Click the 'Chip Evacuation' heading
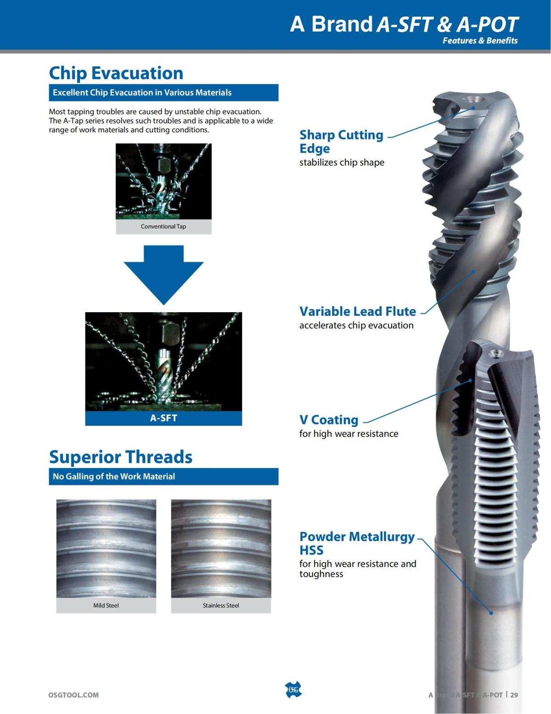116,73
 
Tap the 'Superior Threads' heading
120,457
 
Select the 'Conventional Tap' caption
163,226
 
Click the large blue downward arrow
163,275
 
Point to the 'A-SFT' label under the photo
163,418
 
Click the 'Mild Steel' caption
106,605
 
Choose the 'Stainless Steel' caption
221,605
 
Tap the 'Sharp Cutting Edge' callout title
341,142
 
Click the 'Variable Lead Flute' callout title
358,311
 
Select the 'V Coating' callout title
329,420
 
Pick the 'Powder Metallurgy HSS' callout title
357,543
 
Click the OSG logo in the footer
293,690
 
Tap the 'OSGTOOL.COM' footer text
73,695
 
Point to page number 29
514,695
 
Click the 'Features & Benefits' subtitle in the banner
480,40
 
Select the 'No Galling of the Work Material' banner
163,476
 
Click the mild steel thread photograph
106,548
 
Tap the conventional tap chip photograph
163,182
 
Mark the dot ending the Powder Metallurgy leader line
491,613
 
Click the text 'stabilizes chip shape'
342,162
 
